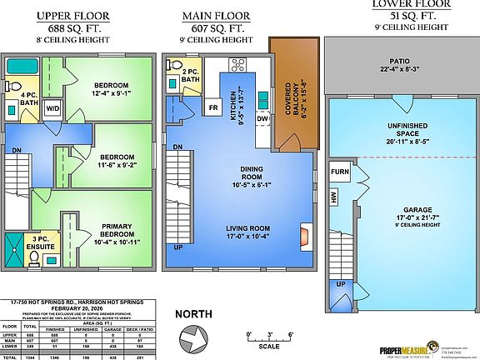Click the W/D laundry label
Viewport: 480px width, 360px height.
[x=52, y=108]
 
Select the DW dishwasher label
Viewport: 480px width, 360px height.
[x=262, y=119]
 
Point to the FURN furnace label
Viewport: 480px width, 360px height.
[x=340, y=172]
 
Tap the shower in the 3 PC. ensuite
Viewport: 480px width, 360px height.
[x=15, y=246]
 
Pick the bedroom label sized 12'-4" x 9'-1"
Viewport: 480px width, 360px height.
[x=111, y=90]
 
